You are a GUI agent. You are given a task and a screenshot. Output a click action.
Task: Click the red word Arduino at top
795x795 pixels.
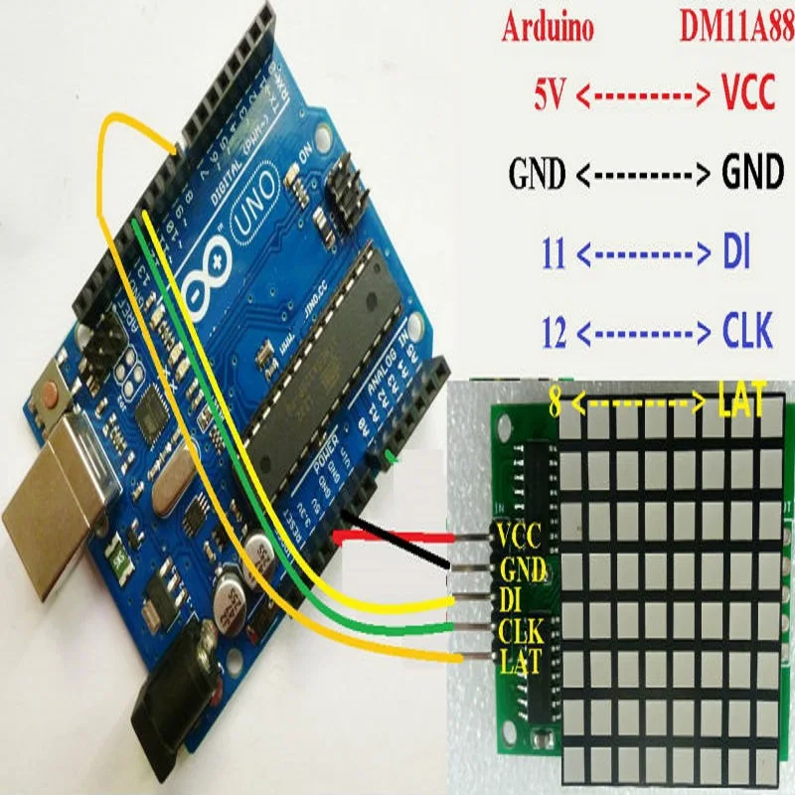548,29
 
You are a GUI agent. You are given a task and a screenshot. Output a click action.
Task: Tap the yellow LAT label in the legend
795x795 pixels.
740,402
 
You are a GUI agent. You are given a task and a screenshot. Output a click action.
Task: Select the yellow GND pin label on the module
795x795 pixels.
520,569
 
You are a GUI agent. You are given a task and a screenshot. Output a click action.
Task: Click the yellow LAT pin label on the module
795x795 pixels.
519,658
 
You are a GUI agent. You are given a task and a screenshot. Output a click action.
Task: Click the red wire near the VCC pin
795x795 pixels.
397,538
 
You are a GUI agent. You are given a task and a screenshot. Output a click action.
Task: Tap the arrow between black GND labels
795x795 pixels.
637,175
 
